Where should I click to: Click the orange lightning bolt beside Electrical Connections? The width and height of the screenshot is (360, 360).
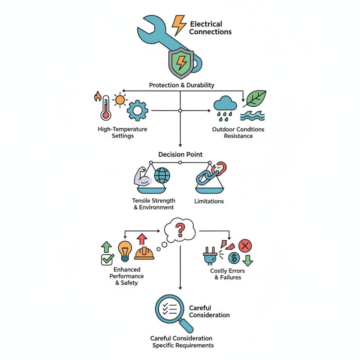[179, 25]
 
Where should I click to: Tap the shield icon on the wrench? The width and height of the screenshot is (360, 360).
[181, 63]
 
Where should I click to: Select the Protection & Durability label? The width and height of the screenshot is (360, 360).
[181, 85]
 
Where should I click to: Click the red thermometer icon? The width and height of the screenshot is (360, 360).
[106, 107]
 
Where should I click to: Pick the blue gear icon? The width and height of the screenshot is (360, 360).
[137, 110]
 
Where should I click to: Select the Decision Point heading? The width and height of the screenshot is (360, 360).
[180, 154]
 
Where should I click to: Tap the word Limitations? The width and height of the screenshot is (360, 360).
[208, 201]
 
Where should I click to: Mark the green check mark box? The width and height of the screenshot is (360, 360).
[108, 259]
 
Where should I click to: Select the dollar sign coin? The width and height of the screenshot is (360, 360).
[234, 258]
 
